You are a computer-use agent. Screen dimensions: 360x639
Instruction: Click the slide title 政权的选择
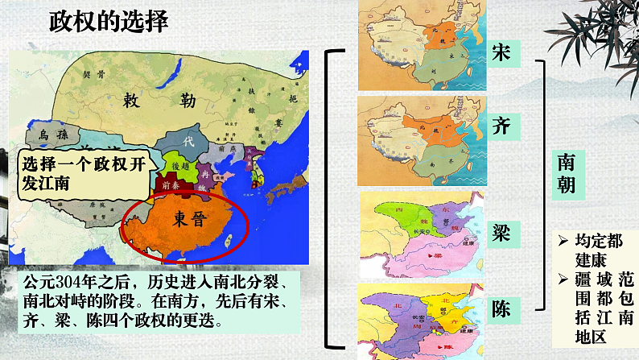[109, 22]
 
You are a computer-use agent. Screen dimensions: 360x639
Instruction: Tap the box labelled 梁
[500, 230]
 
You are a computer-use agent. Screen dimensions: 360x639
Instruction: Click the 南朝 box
[566, 173]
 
